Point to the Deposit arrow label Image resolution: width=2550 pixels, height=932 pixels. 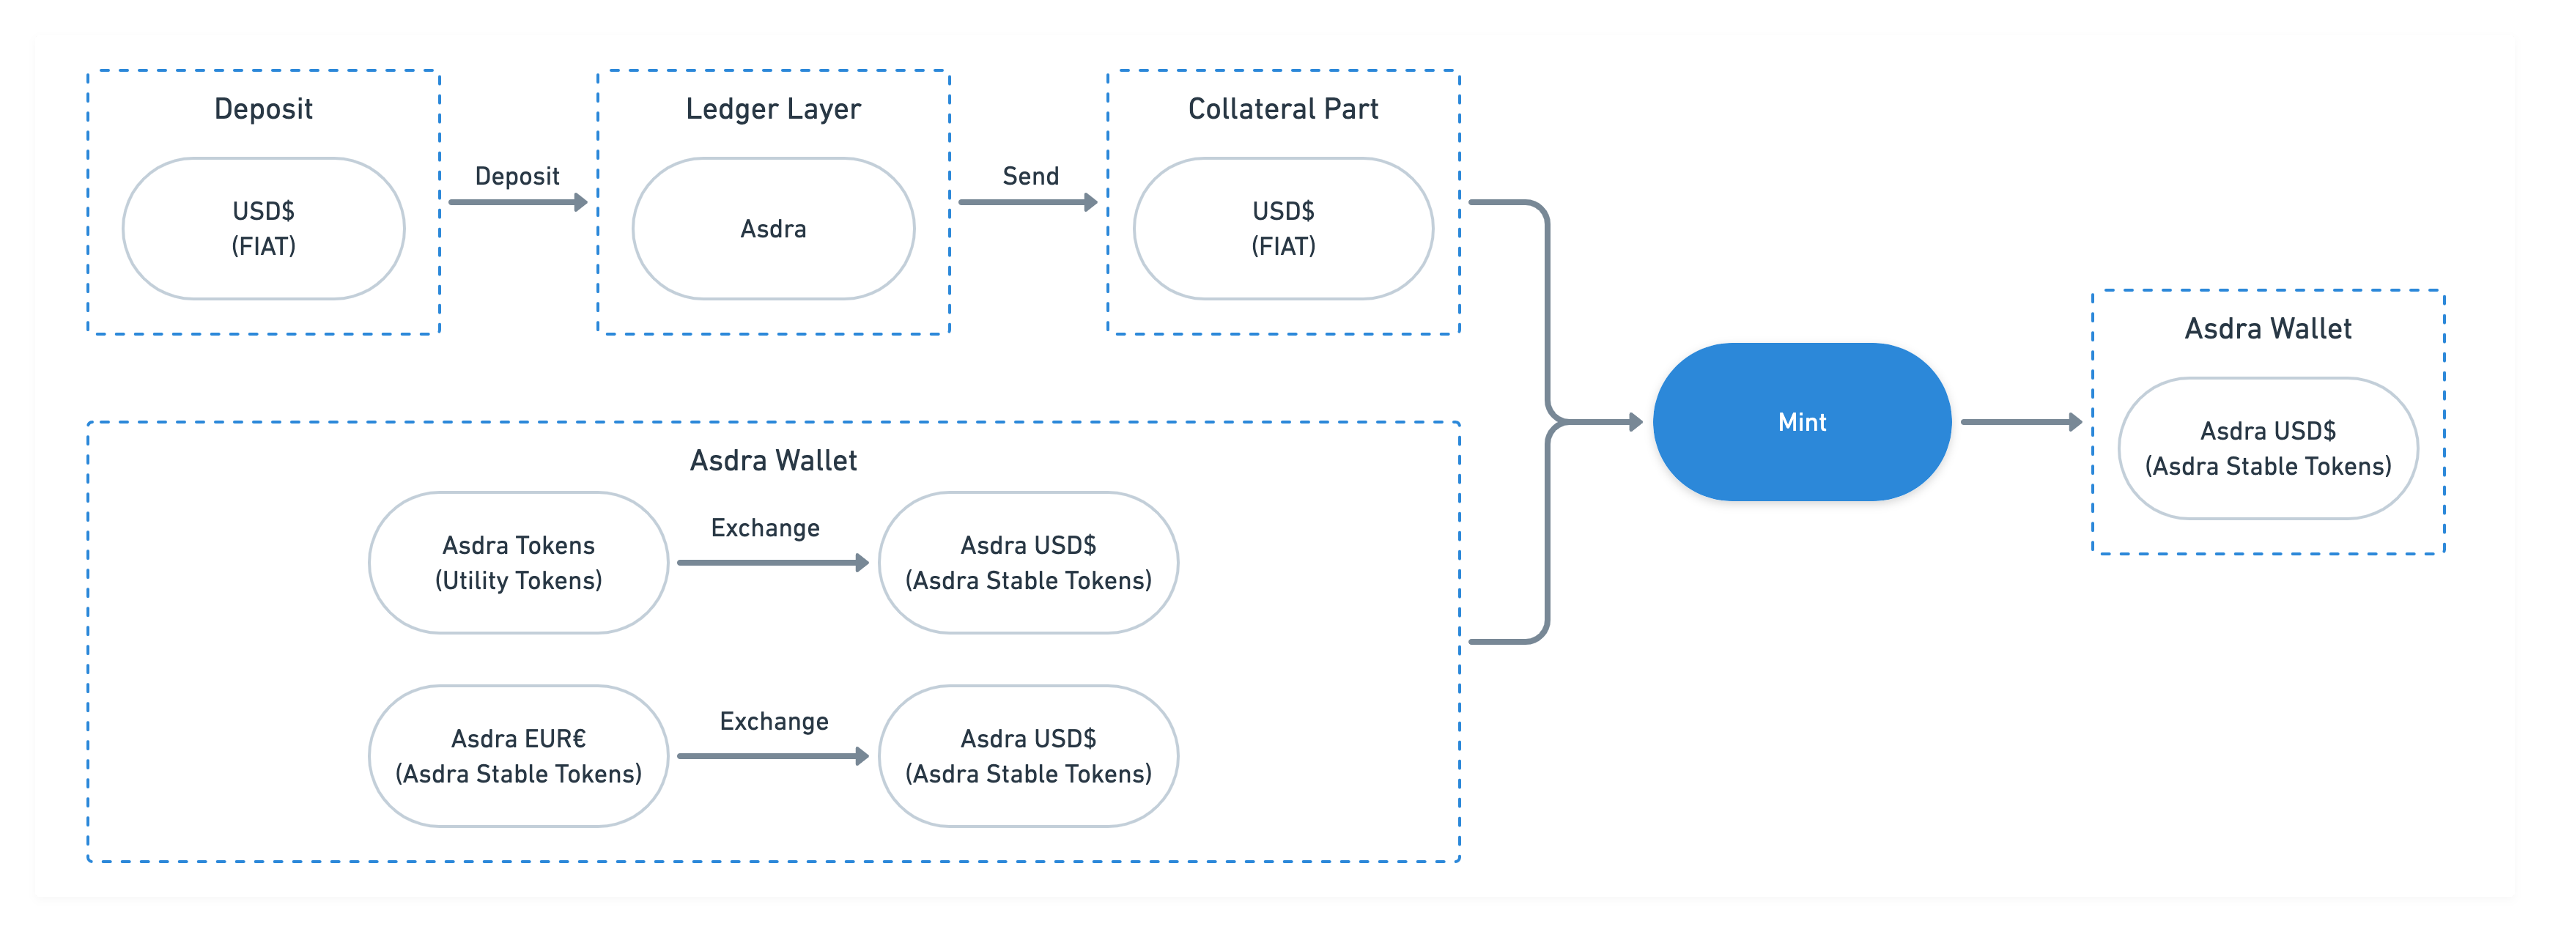[x=517, y=176]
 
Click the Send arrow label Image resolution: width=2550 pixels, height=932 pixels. [x=1030, y=176]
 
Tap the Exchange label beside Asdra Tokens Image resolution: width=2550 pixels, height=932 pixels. [x=765, y=528]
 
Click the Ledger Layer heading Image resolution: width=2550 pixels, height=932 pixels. [x=773, y=109]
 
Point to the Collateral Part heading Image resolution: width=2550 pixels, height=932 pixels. [x=1283, y=109]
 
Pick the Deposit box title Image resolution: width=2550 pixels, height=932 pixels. [x=263, y=109]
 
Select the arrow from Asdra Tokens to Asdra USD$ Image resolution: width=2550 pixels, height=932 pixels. [x=773, y=563]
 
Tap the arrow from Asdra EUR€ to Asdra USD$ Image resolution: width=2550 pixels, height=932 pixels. [x=773, y=757]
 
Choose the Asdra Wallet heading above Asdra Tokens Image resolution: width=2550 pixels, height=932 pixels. [x=773, y=461]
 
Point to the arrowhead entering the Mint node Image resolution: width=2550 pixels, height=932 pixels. [x=1636, y=423]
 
